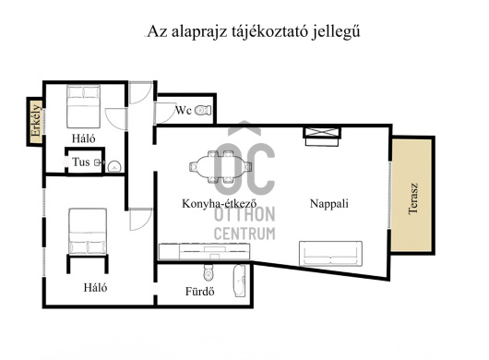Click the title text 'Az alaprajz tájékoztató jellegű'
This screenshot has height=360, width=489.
(x=253, y=30)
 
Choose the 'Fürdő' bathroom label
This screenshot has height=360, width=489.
(x=200, y=293)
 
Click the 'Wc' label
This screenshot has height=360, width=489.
(x=184, y=112)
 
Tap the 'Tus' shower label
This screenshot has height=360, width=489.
(x=81, y=163)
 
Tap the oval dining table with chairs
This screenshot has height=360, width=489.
(x=220, y=167)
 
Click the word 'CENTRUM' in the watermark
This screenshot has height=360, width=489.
(x=244, y=234)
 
